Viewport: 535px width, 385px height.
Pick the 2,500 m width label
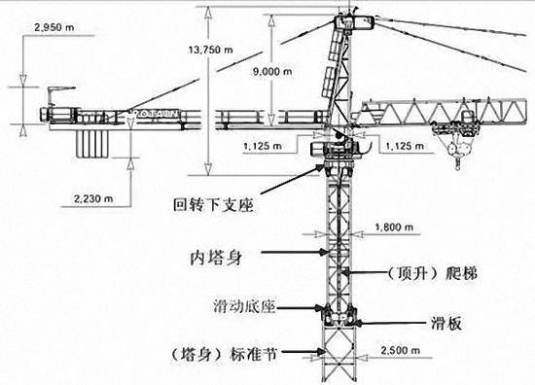pos(402,347)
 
